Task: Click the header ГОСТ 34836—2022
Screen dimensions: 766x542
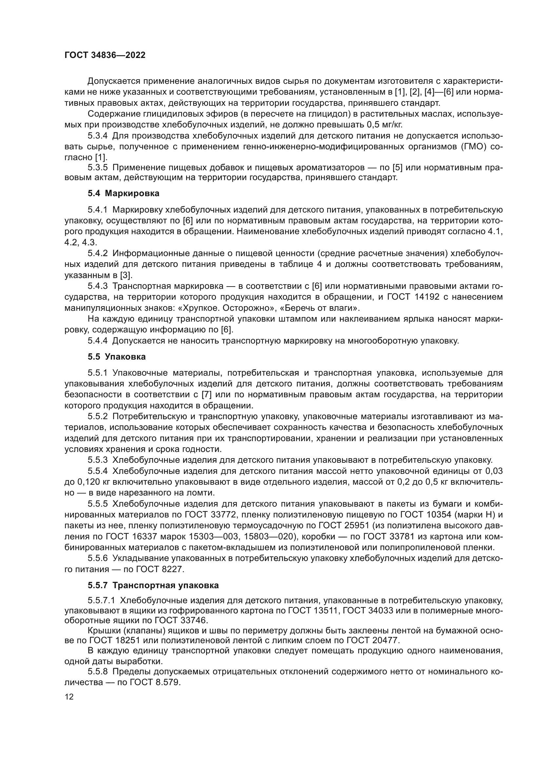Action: pyautogui.click(x=105, y=55)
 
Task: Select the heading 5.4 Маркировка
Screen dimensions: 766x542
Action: pyautogui.click(x=124, y=194)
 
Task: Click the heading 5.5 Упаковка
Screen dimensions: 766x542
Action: pyautogui.click(x=117, y=357)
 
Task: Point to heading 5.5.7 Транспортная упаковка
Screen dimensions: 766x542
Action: pyautogui.click(x=153, y=585)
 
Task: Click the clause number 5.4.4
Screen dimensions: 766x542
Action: pyautogui.click(x=98, y=341)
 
